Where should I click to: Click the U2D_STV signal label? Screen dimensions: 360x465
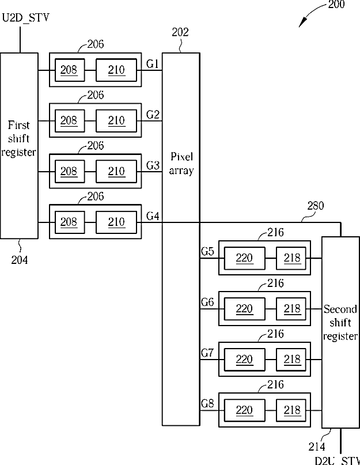click(25, 18)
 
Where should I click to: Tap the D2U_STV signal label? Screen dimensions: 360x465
click(338, 460)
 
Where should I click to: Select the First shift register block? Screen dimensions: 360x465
click(19, 146)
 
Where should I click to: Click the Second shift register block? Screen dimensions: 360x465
click(340, 332)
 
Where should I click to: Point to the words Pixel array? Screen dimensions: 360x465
click(181, 164)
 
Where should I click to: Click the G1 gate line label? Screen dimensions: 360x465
click(153, 64)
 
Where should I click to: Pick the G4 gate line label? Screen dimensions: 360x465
click(153, 216)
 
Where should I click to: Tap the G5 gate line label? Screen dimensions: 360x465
click(207, 251)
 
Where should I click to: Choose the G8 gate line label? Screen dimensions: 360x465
click(207, 403)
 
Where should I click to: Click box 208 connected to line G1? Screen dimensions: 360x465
click(70, 70)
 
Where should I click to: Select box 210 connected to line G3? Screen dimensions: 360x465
click(116, 171)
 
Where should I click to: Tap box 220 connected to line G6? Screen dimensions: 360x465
click(244, 309)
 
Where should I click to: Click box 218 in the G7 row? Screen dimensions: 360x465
click(291, 360)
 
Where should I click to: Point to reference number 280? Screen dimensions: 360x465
click(315, 206)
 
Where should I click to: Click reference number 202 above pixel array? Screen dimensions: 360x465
click(180, 32)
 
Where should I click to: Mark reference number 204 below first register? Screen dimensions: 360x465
click(20, 260)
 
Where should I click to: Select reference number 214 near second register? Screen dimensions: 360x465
click(317, 447)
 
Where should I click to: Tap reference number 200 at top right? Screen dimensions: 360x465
click(336, 5)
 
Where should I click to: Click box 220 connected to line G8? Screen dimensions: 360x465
click(244, 410)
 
